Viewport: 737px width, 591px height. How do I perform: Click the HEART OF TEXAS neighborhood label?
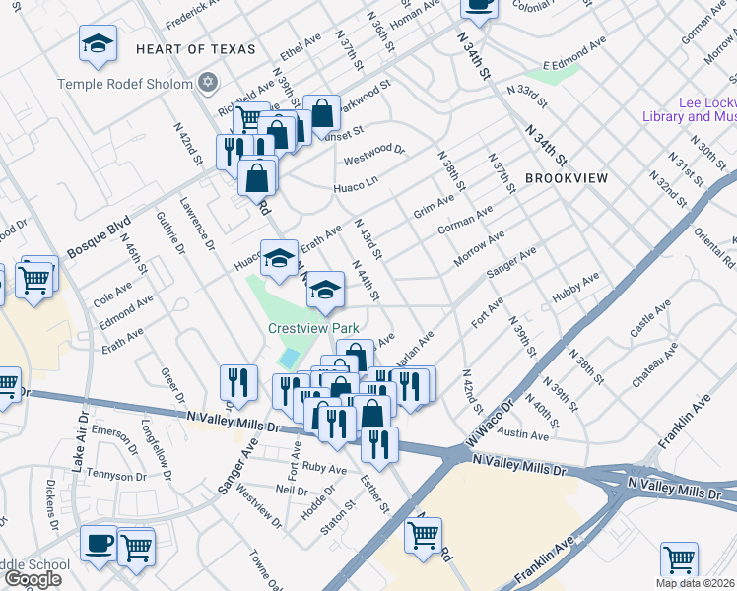pos(195,48)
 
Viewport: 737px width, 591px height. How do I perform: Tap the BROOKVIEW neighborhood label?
pos(567,177)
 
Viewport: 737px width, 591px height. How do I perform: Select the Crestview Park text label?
pos(312,328)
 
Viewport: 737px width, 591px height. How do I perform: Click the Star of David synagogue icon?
pos(208,83)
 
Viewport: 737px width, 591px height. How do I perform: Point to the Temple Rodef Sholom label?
pos(125,84)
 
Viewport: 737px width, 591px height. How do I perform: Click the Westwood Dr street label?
pos(373,155)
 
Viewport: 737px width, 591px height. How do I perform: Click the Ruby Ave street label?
pos(324,467)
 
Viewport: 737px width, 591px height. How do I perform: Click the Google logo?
pos(32,579)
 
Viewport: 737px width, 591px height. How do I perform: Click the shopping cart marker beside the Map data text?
pos(680,559)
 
